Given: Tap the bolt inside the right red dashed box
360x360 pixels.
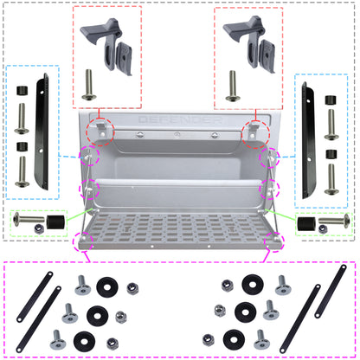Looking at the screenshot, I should coord(233,85).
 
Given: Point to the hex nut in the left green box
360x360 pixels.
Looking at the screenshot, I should coord(39,227).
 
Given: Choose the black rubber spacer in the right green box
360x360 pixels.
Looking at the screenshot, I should coord(304,224).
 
